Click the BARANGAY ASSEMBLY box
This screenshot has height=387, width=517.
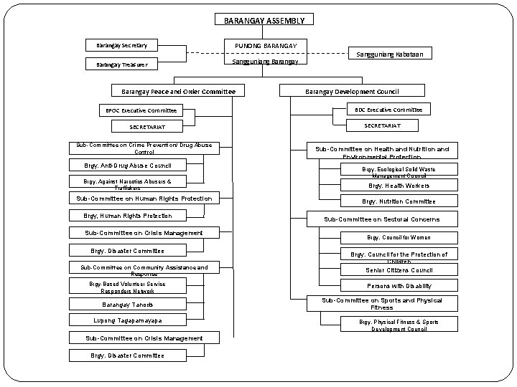coord(264,21)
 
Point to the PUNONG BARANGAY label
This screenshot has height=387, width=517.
coord(265,47)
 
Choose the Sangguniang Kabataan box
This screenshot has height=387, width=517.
coord(390,53)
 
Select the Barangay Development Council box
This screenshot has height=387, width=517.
coord(351,91)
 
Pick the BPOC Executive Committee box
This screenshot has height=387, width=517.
coord(137,110)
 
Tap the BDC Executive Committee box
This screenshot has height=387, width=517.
coord(388,109)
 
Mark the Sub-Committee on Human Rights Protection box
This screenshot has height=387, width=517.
coord(144,198)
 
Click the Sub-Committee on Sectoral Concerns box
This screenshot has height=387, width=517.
coord(381,219)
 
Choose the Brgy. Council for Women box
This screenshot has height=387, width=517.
coord(399,236)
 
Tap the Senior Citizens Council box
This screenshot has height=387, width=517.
coord(399,269)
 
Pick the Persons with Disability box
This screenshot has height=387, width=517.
coord(399,285)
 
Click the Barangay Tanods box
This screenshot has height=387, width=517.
coord(127,303)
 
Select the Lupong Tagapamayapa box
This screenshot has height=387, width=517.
coord(127,320)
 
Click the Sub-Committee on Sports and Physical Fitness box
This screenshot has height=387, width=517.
coord(381,302)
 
